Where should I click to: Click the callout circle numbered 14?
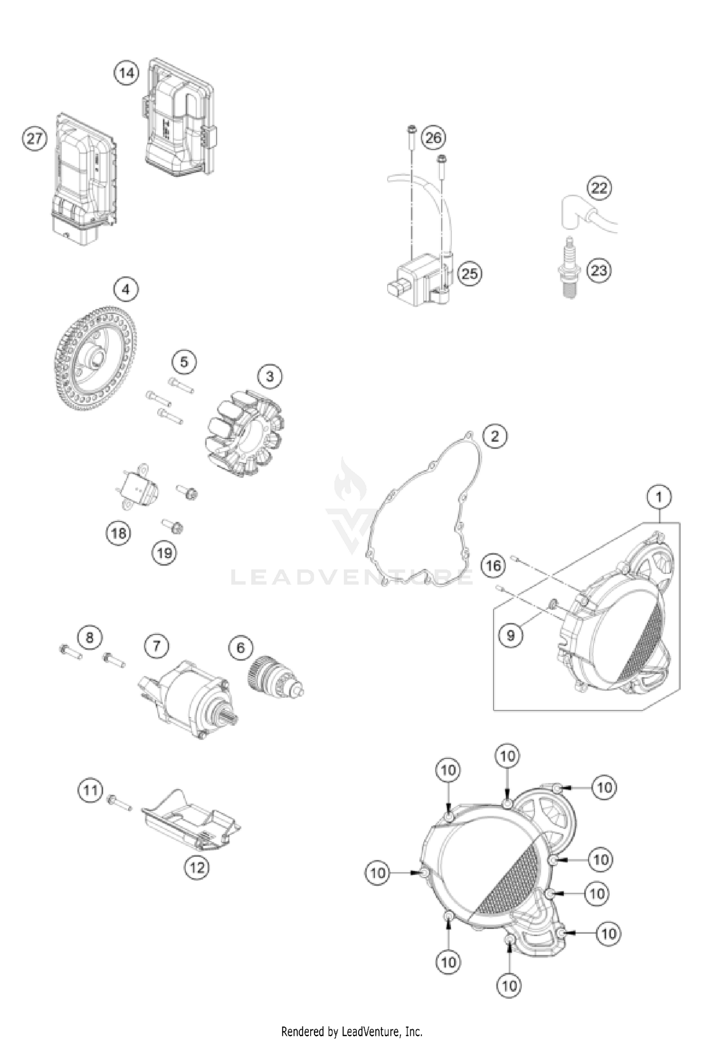click(126, 73)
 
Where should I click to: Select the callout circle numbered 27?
click(35, 139)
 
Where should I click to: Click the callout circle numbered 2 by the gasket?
click(494, 436)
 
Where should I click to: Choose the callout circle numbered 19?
click(164, 553)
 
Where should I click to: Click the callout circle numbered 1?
click(659, 497)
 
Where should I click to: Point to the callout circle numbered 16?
click(493, 565)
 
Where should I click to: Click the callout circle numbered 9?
click(511, 635)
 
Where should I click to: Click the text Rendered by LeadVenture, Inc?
click(352, 1031)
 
